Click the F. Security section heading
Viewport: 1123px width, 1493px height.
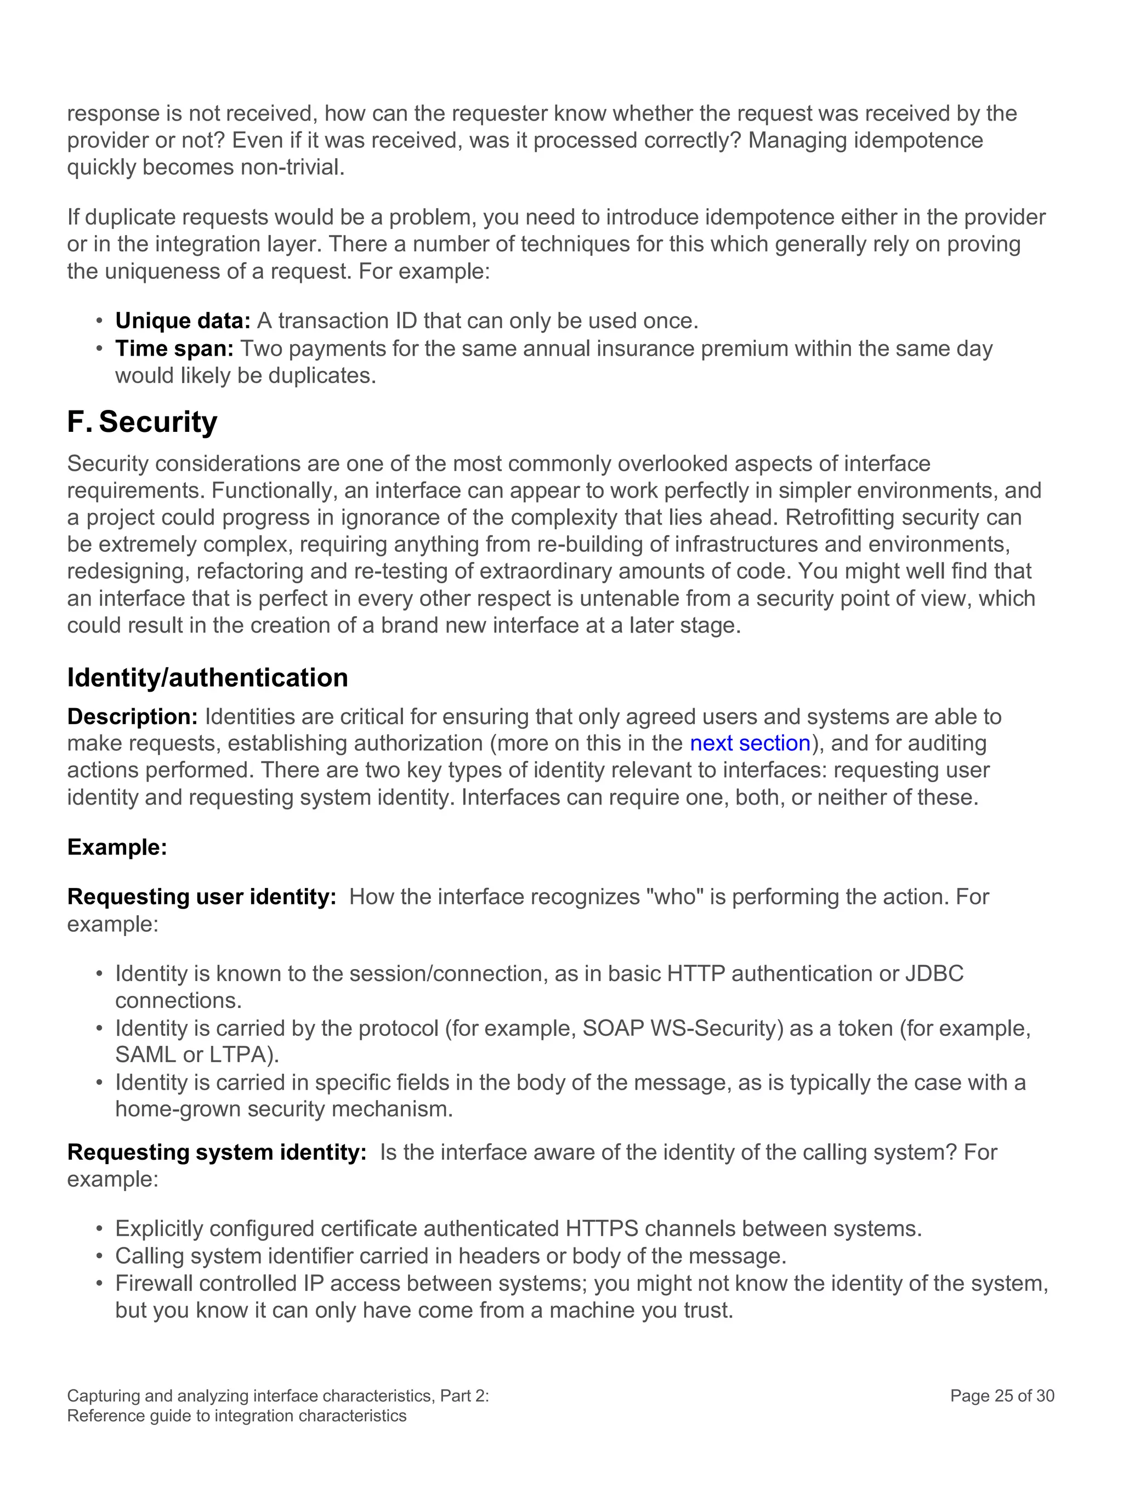(142, 422)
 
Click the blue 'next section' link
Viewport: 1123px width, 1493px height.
(750, 743)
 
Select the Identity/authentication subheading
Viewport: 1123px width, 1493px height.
(207, 677)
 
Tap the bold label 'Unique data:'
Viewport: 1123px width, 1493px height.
(183, 321)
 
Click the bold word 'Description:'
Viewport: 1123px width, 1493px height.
(132, 716)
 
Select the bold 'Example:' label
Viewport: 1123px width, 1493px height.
(117, 847)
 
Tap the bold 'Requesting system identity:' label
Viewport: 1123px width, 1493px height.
(216, 1152)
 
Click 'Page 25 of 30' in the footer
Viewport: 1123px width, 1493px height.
(1001, 1396)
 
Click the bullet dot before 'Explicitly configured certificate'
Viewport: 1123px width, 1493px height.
(99, 1229)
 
